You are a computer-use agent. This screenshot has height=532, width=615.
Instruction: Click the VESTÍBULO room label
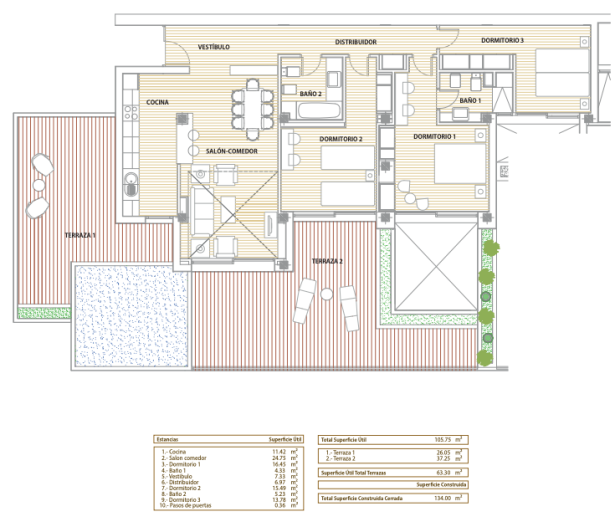coord(214,47)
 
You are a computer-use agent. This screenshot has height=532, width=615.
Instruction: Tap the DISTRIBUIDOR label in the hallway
coord(355,42)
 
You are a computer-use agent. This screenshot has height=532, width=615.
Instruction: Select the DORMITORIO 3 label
coord(502,40)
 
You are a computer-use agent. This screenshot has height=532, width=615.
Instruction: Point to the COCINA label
coord(157,102)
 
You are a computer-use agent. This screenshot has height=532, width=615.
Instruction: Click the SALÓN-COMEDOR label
coord(232,151)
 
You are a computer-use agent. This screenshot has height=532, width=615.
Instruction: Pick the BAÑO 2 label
coord(311,93)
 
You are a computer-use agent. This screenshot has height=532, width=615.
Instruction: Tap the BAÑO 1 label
coord(471,101)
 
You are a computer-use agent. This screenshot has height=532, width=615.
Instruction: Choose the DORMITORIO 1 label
coord(434,136)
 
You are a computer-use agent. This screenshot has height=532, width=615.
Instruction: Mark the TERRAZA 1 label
coord(80,235)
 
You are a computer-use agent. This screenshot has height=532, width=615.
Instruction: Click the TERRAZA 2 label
coord(327,261)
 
